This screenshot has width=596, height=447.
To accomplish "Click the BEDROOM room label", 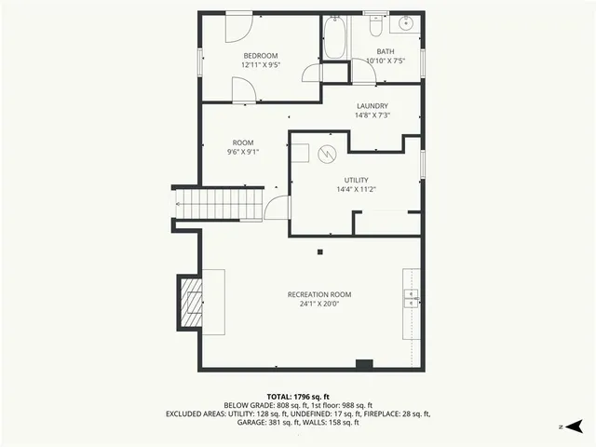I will point(261,56).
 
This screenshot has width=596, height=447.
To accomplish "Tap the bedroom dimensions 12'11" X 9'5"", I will point(261,65).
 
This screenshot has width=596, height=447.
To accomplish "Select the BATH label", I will point(385,51).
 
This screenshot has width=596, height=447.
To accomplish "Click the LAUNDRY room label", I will point(372,106).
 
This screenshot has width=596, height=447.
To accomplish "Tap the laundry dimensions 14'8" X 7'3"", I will point(372,115).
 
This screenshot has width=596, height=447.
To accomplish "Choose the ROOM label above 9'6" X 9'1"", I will point(242,142).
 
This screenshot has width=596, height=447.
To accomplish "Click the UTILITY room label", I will point(356,180).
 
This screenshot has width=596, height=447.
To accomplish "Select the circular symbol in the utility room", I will point(327,154).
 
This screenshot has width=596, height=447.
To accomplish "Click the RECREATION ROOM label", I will point(319,294).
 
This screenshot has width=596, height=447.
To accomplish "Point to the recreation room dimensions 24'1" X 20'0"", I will point(319,304).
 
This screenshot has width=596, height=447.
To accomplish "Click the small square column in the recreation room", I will point(320,251).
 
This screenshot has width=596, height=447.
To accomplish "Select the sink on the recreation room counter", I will point(411,297).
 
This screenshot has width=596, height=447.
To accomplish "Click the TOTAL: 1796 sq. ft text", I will point(298,397).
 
